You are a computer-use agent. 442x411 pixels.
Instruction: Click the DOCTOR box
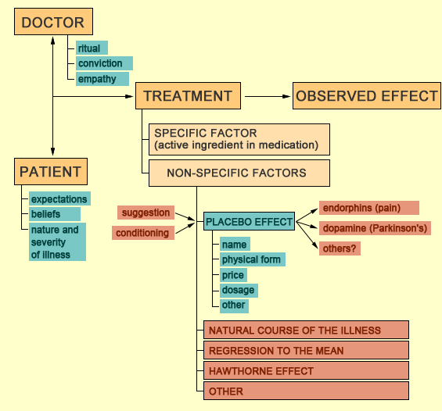click(x=53, y=22)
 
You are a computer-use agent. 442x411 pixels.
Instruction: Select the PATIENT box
click(x=51, y=171)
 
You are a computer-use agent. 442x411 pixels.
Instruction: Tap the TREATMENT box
click(x=188, y=95)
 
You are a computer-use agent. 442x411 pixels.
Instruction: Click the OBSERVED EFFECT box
click(x=366, y=95)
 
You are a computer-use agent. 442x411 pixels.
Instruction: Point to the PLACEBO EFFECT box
click(x=249, y=221)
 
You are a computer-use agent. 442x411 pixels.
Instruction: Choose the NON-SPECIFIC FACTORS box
click(x=239, y=173)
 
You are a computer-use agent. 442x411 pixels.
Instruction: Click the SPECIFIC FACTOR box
click(x=239, y=139)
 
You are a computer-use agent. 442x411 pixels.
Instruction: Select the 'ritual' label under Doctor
click(x=92, y=48)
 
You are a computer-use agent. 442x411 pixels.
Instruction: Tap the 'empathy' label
click(x=102, y=79)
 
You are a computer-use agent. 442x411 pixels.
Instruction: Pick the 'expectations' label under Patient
click(x=59, y=198)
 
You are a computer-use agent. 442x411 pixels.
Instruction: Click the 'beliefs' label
click(x=55, y=214)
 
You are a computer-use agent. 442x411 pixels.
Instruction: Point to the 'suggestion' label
click(x=146, y=213)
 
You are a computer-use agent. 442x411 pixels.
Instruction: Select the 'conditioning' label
click(x=143, y=233)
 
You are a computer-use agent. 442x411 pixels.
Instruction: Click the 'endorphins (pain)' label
click(x=369, y=208)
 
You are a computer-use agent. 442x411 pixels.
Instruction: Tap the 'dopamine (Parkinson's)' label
click(x=375, y=228)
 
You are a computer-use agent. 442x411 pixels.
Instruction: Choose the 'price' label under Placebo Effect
click(x=233, y=275)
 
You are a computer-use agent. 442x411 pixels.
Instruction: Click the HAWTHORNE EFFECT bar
click(x=306, y=370)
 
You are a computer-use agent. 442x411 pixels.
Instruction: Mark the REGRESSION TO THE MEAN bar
click(x=306, y=350)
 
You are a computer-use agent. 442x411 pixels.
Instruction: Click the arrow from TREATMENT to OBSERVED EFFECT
click(x=268, y=96)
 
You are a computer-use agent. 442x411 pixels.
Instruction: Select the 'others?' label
click(x=340, y=248)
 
